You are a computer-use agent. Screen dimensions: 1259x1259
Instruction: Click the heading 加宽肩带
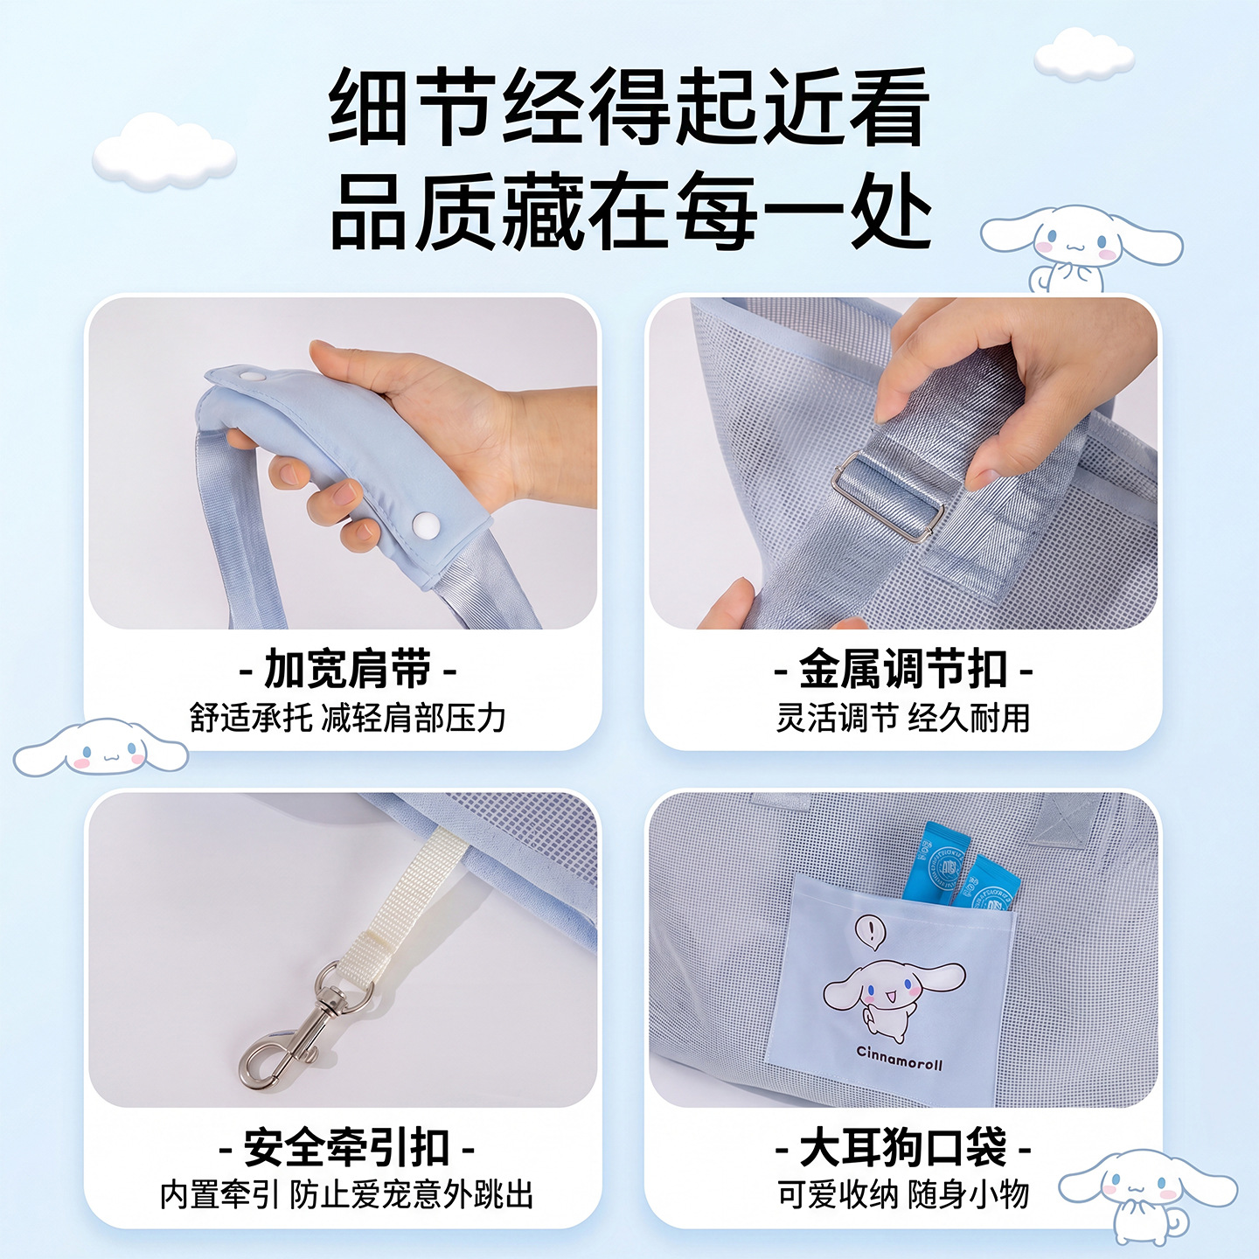[x=348, y=670]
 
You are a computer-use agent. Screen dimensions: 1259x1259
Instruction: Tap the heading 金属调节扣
[x=903, y=670]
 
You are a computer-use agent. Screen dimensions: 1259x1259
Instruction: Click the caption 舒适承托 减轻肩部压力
[x=348, y=718]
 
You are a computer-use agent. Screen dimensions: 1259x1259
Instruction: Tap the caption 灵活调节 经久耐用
[x=903, y=718]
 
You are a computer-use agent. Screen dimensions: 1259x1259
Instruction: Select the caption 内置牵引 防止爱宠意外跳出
[x=347, y=1195]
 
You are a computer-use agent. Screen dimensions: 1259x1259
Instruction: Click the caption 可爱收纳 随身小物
[x=903, y=1195]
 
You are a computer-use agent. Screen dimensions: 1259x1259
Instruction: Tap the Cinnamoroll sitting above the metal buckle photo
[x=1082, y=249]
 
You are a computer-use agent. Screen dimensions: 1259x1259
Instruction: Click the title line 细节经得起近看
[x=629, y=108]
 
